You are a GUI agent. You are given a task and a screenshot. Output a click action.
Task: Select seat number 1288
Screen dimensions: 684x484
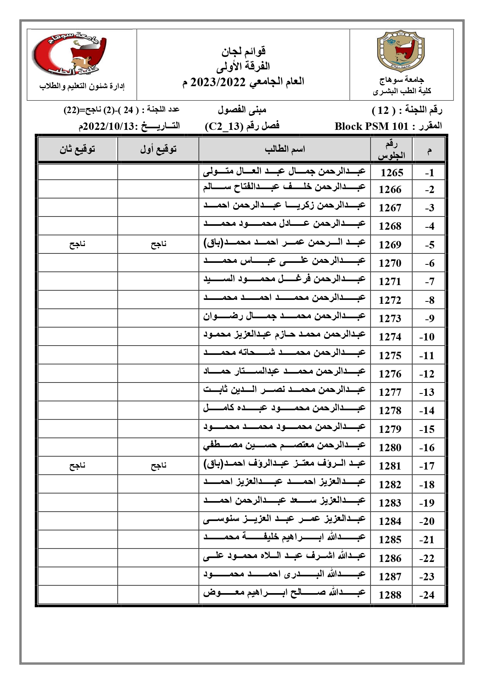click(x=390, y=595)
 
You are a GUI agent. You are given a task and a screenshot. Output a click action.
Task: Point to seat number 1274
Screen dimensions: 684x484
click(x=390, y=337)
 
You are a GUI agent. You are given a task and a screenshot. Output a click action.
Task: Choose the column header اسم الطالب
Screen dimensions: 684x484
click(x=285, y=149)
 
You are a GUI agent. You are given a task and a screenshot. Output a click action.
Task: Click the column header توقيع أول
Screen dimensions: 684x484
click(x=158, y=149)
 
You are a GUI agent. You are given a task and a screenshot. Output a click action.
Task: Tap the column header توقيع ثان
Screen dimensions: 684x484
click(x=77, y=149)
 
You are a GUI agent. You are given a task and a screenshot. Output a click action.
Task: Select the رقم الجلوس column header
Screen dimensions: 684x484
click(x=391, y=150)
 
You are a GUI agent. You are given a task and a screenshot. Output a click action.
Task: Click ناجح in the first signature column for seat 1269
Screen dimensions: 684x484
click(x=158, y=245)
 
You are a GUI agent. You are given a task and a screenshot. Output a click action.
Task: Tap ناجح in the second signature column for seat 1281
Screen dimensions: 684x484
click(x=77, y=466)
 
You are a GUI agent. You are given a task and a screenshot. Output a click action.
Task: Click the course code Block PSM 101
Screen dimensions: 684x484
click(x=372, y=126)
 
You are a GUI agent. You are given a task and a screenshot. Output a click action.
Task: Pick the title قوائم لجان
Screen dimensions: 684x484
click(x=244, y=51)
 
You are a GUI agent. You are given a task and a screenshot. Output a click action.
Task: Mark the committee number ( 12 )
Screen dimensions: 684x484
click(x=384, y=110)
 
